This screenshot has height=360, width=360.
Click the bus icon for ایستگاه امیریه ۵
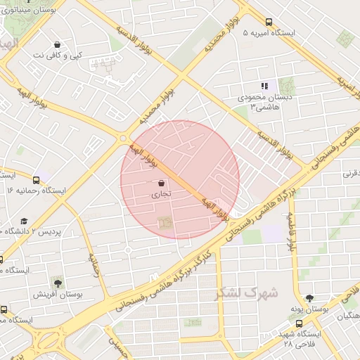[269, 22]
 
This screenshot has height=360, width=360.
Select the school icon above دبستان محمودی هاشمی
[264, 86]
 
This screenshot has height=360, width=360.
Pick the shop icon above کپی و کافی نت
[57, 44]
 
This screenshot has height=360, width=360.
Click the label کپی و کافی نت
[57, 55]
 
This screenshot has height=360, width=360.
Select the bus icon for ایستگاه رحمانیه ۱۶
[36, 179]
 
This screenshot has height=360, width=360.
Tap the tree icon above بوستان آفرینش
[56, 283]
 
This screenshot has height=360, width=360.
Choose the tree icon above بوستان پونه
[309, 298]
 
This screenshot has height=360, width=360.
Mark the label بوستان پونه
[309, 309]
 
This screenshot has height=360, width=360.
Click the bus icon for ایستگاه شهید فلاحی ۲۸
[300, 324]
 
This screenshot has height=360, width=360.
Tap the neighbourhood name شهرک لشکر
[246, 292]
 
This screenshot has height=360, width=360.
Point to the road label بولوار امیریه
[344, 84]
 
